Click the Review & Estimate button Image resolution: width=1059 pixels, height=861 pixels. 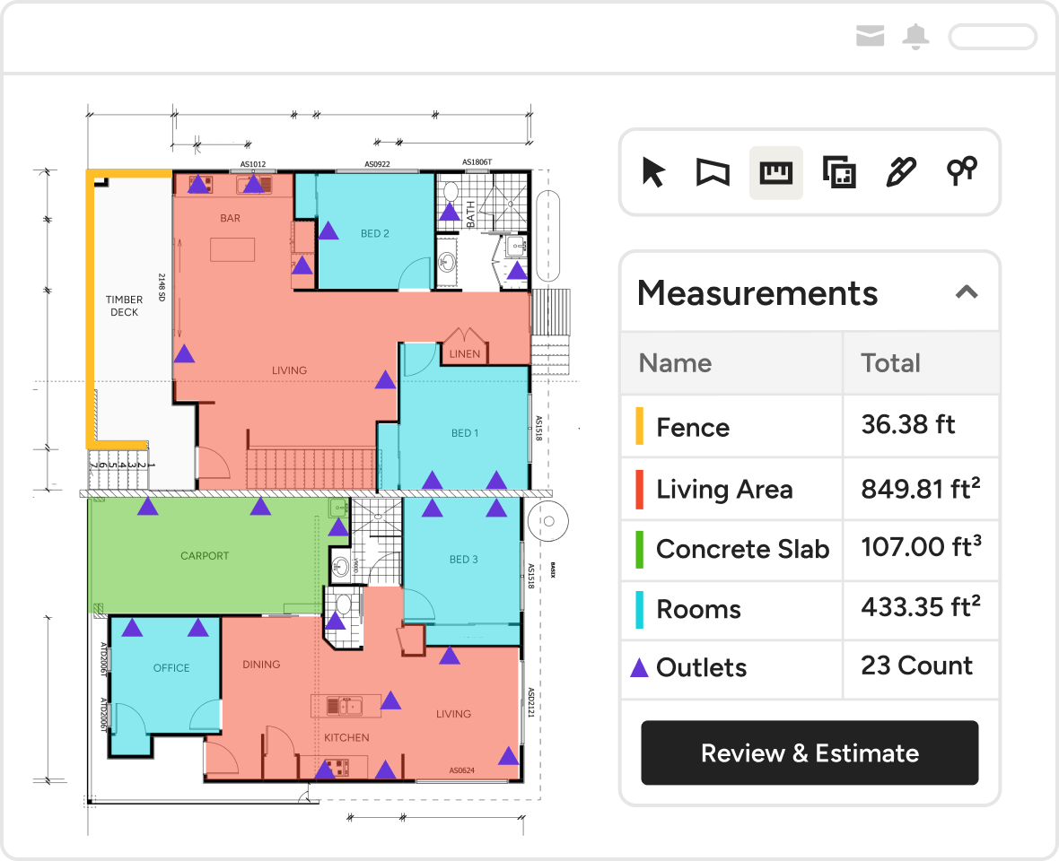click(810, 753)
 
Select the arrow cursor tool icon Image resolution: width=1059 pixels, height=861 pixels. click(653, 172)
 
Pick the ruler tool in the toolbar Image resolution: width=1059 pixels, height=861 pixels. click(775, 172)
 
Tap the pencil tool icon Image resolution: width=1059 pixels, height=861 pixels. click(900, 172)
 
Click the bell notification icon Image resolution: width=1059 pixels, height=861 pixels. click(916, 37)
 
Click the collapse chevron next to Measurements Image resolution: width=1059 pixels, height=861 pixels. click(966, 292)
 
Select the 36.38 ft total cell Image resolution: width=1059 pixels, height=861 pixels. click(908, 425)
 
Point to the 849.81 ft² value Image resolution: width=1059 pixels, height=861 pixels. click(920, 489)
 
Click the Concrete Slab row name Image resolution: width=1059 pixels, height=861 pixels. click(742, 549)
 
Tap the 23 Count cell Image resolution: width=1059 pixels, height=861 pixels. click(916, 666)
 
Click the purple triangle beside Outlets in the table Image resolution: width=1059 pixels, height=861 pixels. click(639, 668)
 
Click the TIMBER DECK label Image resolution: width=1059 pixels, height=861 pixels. click(124, 306)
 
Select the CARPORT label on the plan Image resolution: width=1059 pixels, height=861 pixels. click(205, 556)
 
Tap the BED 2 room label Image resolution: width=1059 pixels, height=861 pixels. click(375, 234)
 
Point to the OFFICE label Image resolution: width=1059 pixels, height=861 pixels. click(171, 668)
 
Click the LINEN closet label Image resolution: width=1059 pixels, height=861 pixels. click(465, 354)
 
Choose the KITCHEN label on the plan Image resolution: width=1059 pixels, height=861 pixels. click(346, 738)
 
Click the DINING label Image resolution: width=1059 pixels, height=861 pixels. click(261, 665)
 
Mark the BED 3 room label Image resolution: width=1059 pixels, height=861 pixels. click(464, 560)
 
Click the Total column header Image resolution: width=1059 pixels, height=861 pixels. click(890, 363)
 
